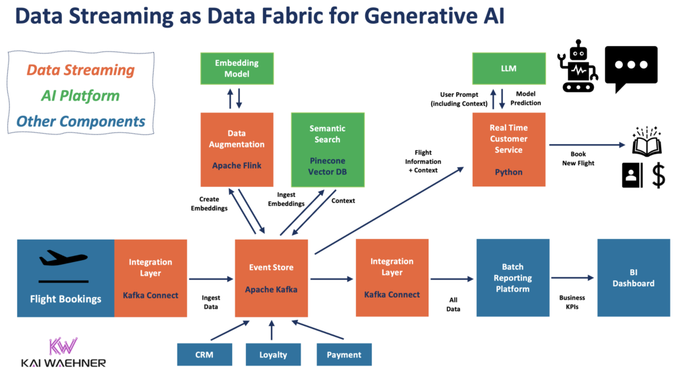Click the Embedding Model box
click(x=237, y=69)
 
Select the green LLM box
click(x=508, y=69)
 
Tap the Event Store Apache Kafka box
click(x=272, y=278)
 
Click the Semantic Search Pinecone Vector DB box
click(x=327, y=149)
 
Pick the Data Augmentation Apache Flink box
click(x=237, y=149)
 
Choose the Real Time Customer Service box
click(x=508, y=149)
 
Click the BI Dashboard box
click(x=633, y=278)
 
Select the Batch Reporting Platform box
click(x=512, y=278)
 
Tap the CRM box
click(x=204, y=354)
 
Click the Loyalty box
click(x=273, y=354)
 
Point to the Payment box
click(x=344, y=354)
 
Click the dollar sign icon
click(x=658, y=176)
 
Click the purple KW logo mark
click(x=62, y=346)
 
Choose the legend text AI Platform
click(x=80, y=95)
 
